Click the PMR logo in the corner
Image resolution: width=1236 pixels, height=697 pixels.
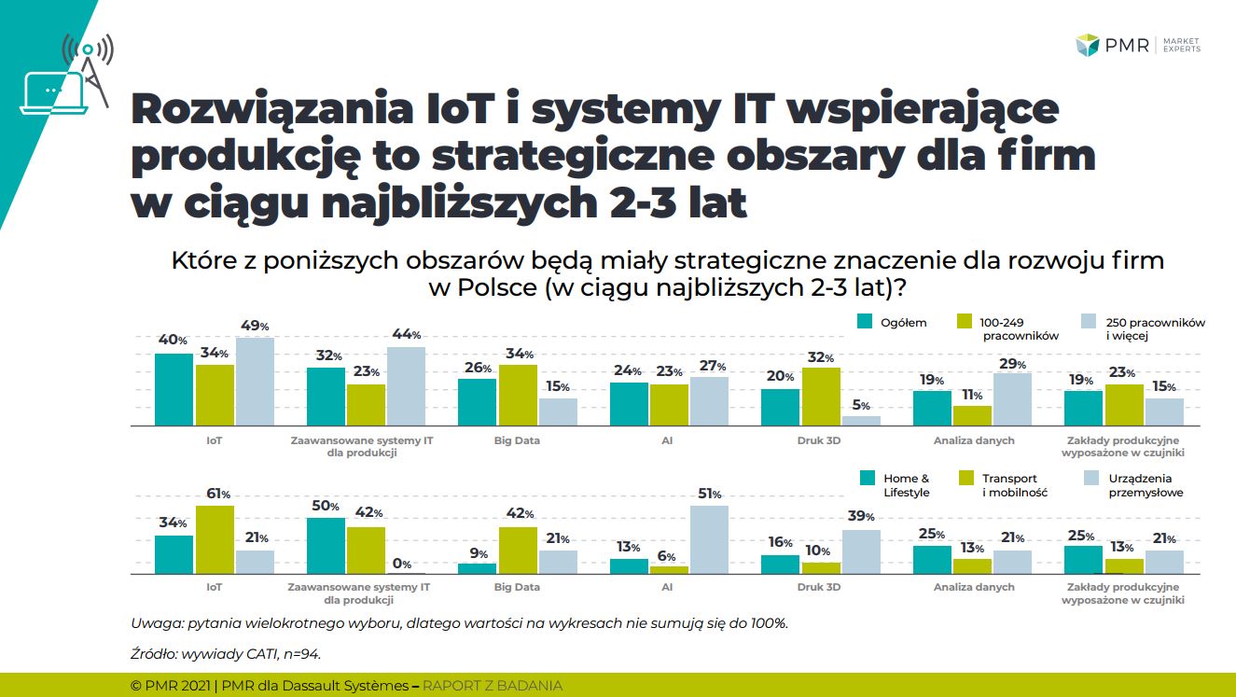click(x=1137, y=45)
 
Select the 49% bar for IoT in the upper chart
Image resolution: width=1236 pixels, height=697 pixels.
click(x=254, y=382)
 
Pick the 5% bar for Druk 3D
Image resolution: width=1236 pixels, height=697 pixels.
click(x=861, y=420)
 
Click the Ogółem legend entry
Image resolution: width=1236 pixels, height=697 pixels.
click(x=893, y=323)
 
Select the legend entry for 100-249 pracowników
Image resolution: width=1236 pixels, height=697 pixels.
click(x=1007, y=328)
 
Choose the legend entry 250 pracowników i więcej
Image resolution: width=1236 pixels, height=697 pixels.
click(x=1144, y=328)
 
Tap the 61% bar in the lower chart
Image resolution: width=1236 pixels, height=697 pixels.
click(x=215, y=539)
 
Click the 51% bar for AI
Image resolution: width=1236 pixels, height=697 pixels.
click(x=709, y=539)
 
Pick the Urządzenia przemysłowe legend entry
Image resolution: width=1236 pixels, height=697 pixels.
click(x=1133, y=485)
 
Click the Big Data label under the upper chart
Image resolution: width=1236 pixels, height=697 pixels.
click(x=516, y=439)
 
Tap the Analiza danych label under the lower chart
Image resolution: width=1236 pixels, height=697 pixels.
click(x=973, y=588)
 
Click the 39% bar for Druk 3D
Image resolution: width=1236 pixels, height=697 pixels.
click(x=861, y=551)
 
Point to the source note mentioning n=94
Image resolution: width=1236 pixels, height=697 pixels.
click(x=227, y=654)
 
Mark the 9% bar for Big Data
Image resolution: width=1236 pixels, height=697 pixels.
click(x=477, y=568)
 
